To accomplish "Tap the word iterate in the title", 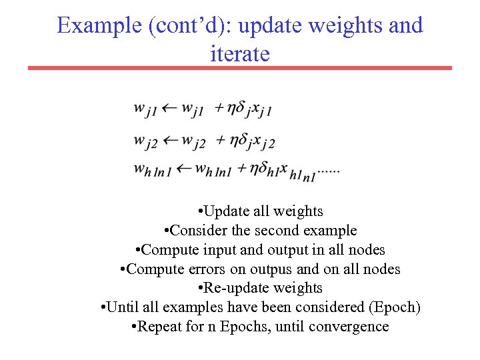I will pos(239,53).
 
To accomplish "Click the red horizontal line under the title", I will pos(239,68).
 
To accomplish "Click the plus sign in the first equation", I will pos(220,107).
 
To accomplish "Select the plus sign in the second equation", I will pos(221,140).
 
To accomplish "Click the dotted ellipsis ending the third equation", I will pos(329,172).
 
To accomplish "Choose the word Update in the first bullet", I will pos(227,211).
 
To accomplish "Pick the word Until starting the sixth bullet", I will pos(122,307).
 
